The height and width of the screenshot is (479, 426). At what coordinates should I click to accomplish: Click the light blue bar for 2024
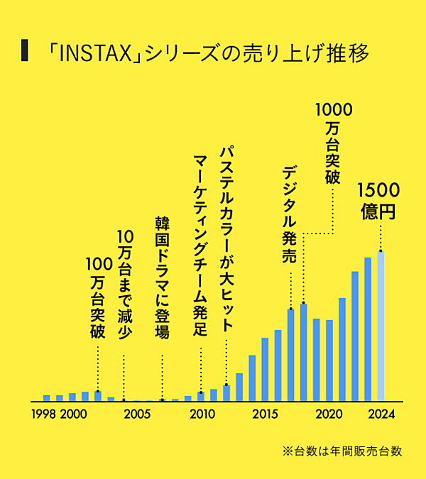pos(381,326)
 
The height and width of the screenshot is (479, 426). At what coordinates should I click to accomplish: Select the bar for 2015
pos(265,370)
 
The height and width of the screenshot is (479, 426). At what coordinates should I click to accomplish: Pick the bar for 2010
pos(201,397)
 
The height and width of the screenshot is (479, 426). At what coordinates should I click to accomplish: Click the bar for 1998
pos(47,398)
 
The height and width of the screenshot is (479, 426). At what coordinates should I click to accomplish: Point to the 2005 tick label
pos(137,414)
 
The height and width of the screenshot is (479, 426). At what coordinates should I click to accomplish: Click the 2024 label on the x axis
pos(381,414)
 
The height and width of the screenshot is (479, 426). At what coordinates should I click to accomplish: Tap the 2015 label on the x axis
pos(265,414)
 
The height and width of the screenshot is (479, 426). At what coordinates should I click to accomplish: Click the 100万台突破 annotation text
pos(97,299)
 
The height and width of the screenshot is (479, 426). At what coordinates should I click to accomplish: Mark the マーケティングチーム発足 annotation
pos(200,242)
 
